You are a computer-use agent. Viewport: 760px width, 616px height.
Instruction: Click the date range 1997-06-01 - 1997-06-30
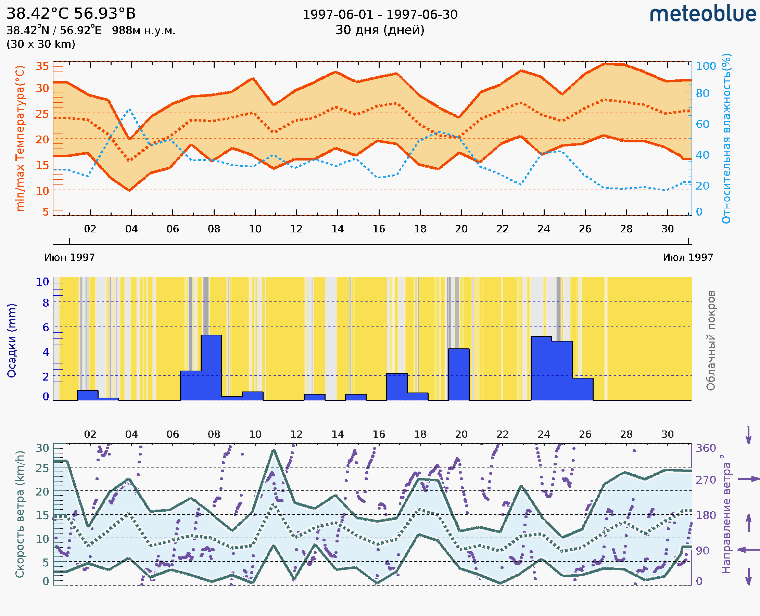coord(380,15)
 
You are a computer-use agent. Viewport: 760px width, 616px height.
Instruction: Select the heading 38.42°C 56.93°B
coord(71,14)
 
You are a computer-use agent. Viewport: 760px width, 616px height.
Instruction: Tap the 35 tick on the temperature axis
coord(42,66)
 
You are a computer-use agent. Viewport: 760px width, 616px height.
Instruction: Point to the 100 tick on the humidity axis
coord(706,66)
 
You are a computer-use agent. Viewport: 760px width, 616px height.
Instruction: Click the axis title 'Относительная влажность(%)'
coord(726,138)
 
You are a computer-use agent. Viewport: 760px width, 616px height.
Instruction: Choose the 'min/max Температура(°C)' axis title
coord(20,138)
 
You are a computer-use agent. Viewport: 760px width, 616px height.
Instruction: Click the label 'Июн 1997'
coord(69,257)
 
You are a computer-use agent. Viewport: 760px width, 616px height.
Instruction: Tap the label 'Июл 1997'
coord(688,257)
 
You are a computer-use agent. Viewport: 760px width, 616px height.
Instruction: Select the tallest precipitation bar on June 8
coord(211,367)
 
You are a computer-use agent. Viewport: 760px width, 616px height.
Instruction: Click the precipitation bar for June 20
coord(459,374)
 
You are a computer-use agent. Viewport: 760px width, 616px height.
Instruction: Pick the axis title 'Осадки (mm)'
coord(12,341)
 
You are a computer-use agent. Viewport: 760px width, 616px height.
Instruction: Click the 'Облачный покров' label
coord(711,341)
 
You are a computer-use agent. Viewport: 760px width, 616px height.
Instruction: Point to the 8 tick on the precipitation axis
coord(46,303)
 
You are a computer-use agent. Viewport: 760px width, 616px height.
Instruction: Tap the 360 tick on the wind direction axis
coord(706,448)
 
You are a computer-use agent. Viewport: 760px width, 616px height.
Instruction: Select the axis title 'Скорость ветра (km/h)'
coord(20,514)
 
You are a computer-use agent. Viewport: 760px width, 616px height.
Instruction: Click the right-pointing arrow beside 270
coord(748,479)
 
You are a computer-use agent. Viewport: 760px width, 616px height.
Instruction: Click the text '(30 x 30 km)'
coord(41,44)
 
